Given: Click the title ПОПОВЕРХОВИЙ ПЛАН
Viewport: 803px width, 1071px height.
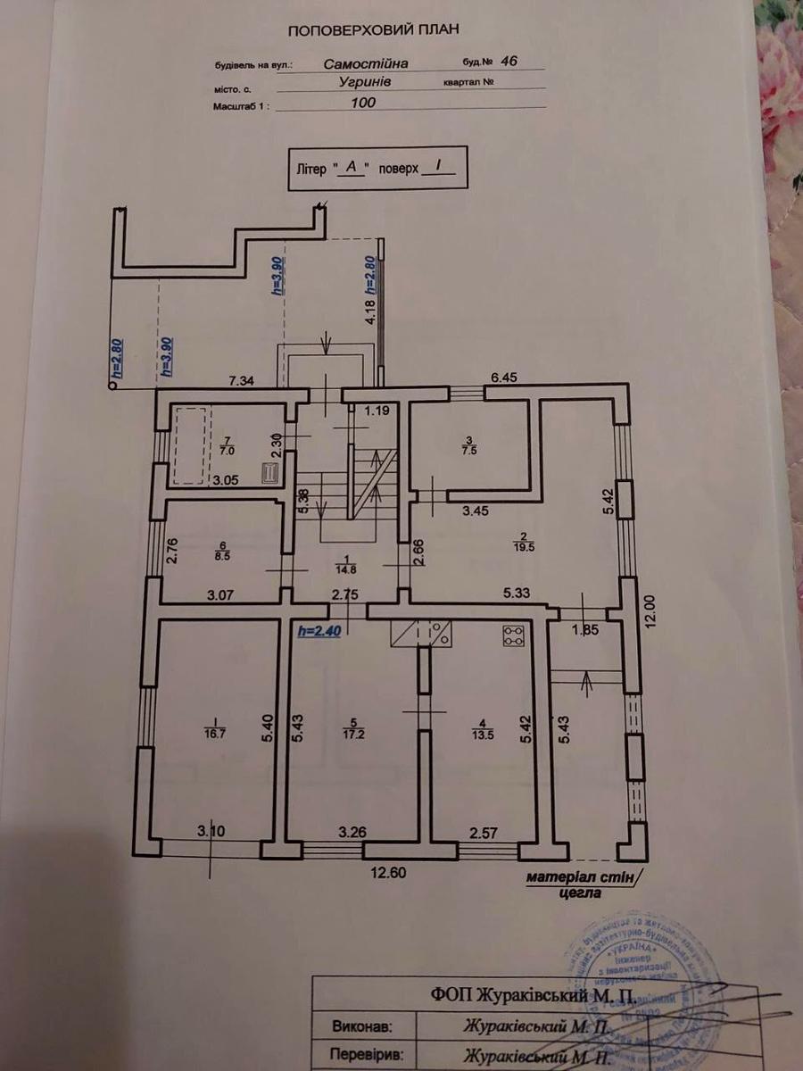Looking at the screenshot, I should (x=374, y=29).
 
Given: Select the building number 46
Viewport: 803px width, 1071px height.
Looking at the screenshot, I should (x=509, y=62).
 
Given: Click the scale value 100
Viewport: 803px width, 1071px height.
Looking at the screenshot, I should (x=364, y=102).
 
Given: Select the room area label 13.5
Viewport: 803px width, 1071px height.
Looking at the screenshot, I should (x=483, y=736).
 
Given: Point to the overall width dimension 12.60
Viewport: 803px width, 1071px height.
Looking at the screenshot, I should (x=388, y=873).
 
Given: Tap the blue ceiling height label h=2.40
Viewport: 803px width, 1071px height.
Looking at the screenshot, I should (x=319, y=630).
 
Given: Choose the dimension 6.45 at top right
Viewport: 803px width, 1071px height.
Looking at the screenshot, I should (x=504, y=378).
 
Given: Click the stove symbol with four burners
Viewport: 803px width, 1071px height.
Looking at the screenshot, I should (x=513, y=635).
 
